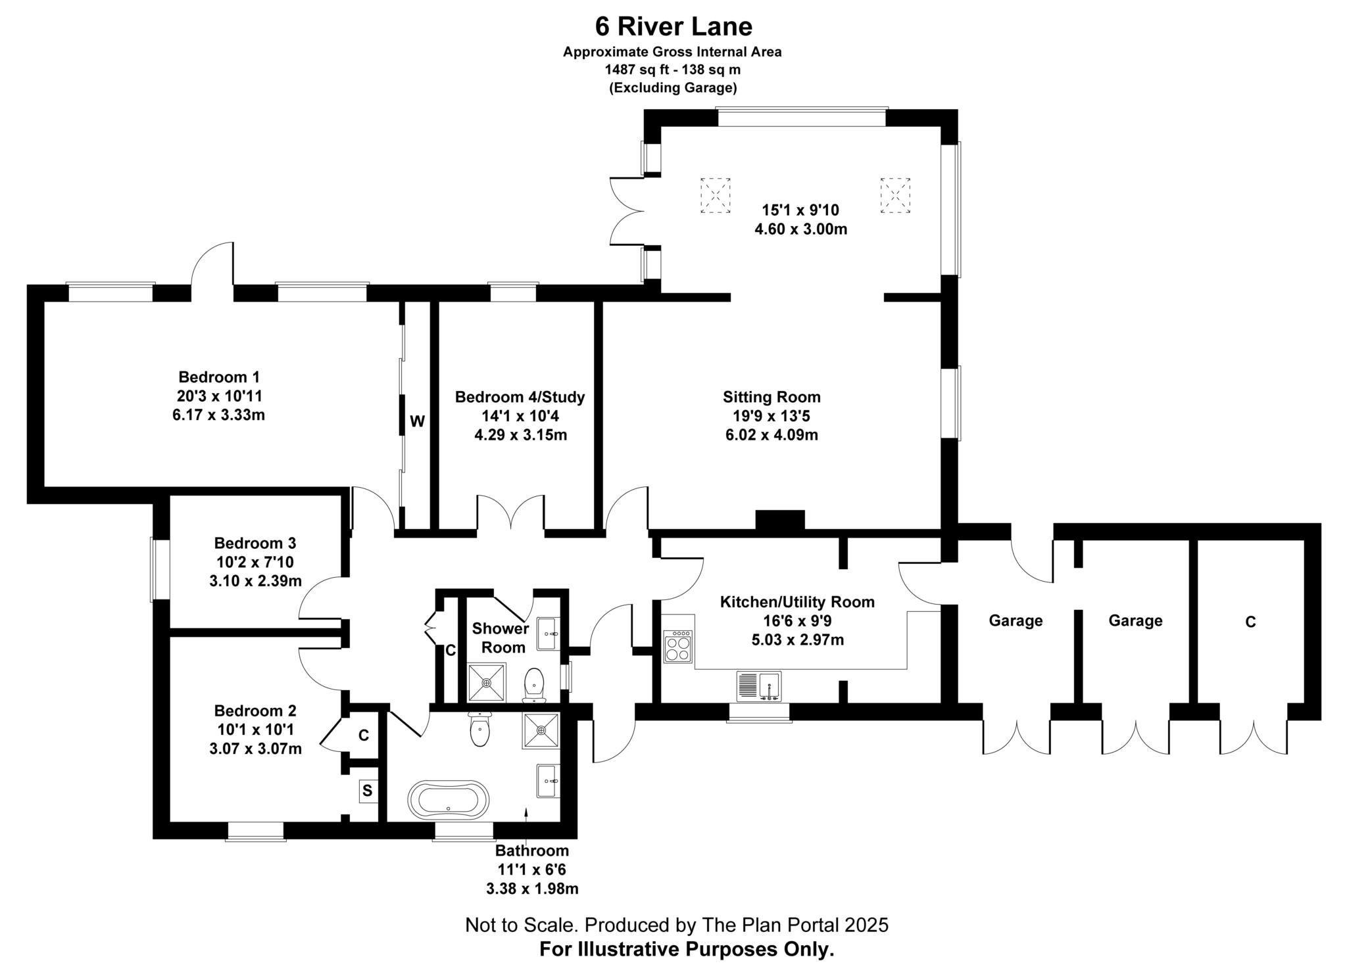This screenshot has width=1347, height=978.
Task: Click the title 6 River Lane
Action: (673, 27)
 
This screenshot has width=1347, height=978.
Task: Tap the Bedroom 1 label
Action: (219, 377)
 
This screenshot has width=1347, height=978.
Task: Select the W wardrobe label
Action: (417, 422)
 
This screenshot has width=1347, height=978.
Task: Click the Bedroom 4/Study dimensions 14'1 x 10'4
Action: (520, 416)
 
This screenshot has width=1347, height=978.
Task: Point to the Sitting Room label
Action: (771, 397)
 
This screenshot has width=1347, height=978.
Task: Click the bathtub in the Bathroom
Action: (448, 800)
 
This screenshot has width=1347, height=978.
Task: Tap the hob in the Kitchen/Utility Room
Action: (678, 646)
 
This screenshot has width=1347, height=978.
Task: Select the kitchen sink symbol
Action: (759, 686)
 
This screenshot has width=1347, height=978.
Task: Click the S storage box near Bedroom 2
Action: (368, 791)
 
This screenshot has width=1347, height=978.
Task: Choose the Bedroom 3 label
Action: (255, 544)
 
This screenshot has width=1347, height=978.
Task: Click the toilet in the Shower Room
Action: (534, 684)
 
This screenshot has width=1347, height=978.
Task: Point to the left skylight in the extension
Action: (715, 195)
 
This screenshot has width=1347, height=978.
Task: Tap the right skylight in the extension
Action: (894, 195)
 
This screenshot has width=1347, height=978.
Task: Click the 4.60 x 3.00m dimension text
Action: (800, 229)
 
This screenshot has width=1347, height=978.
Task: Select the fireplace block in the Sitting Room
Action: (779, 519)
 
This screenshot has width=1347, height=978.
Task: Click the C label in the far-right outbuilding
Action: (1250, 622)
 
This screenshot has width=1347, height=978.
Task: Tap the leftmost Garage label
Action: (1016, 620)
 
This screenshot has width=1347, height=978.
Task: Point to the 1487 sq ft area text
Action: (633, 69)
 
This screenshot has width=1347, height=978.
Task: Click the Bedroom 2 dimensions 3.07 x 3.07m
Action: (255, 749)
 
